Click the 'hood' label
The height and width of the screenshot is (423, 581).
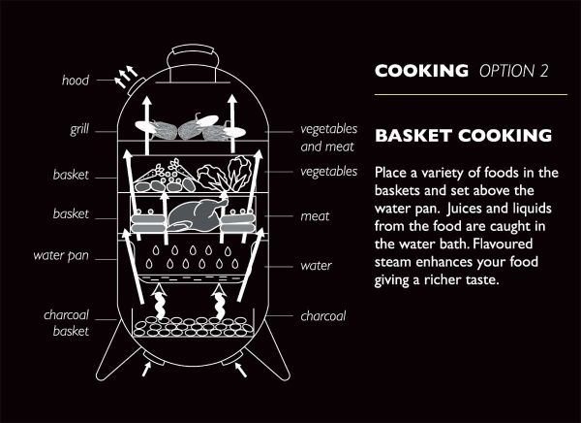coord(76,81)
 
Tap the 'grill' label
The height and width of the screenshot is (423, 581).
coord(79,129)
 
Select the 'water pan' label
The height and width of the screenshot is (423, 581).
coord(61,256)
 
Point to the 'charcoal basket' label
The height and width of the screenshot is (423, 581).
coord(66,323)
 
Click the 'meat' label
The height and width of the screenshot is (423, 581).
coord(315,216)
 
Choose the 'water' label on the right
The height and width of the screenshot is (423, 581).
coord(316,266)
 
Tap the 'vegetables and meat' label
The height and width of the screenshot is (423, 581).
coord(328,138)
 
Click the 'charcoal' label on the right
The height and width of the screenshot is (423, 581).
coord(323,316)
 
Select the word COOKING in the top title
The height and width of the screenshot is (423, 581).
coord(421,71)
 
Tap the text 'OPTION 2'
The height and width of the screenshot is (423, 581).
coord(513,71)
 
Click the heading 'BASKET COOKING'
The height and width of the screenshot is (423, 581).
coord(463,136)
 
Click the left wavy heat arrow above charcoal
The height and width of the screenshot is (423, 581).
coord(160,301)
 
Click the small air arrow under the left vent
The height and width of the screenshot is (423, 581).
coord(146,369)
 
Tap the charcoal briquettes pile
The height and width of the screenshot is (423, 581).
coord(193,326)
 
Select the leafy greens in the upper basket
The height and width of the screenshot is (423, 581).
coord(223,174)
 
